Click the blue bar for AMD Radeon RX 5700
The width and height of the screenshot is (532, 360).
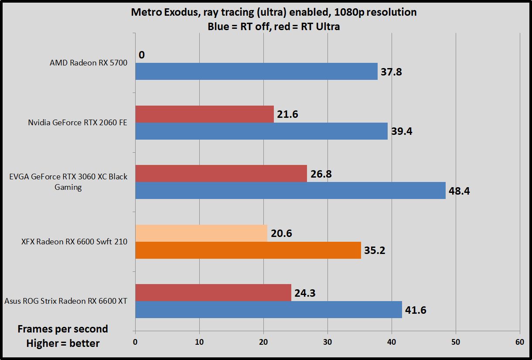click(256, 71)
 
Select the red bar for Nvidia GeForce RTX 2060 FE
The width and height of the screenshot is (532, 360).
click(205, 114)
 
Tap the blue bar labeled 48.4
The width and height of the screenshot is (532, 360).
click(290, 190)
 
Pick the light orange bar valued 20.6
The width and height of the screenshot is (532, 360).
click(201, 233)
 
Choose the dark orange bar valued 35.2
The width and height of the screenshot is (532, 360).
click(248, 250)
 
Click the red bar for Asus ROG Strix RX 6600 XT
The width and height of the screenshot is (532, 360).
click(213, 292)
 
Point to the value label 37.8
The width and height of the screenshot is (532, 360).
click(391, 72)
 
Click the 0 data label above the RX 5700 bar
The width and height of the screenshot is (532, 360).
click(142, 55)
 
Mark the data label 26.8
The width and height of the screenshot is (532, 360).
click(321, 174)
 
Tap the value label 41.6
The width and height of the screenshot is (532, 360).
click(416, 310)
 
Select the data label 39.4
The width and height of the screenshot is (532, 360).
click(402, 132)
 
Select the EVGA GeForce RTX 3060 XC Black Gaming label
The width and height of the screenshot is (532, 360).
click(68, 182)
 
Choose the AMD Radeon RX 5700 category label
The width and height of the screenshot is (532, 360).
click(89, 63)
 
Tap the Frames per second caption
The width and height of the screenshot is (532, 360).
click(63, 329)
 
